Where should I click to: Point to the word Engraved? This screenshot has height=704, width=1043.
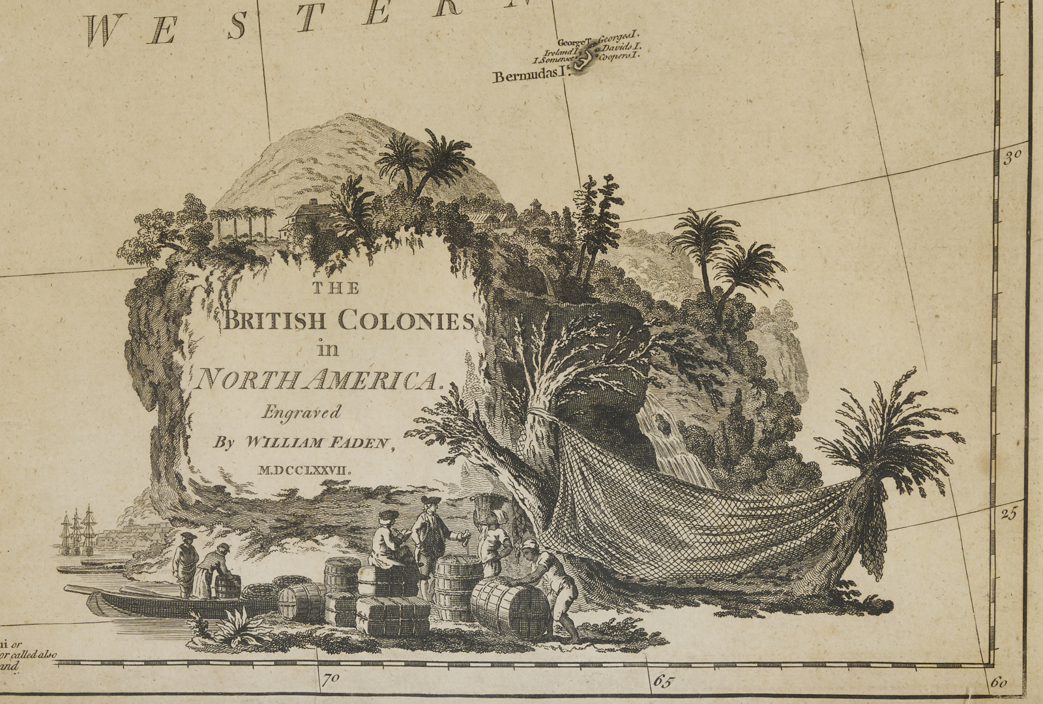(301, 412)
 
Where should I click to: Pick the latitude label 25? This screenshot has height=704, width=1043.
(1008, 514)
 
